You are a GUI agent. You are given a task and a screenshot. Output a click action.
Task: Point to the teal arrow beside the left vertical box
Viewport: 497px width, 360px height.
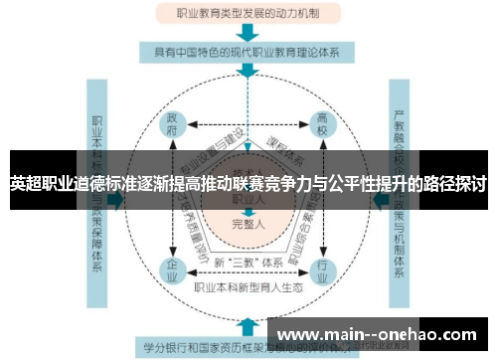[117, 199]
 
